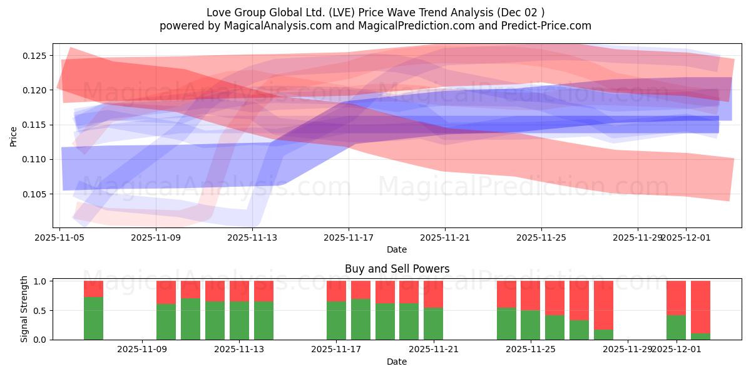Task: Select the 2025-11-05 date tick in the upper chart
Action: [x=59, y=238]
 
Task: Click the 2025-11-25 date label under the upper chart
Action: [x=541, y=238]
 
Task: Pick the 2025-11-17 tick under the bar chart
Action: [x=337, y=350]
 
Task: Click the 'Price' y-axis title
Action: [x=13, y=136]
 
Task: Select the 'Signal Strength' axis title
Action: [x=24, y=309]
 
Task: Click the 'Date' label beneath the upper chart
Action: [x=396, y=249]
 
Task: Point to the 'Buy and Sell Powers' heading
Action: [x=397, y=269]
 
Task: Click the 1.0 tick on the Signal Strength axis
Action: [x=40, y=281]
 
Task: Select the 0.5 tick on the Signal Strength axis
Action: [x=40, y=310]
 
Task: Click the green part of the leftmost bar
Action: [x=93, y=318]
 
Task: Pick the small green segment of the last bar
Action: [x=700, y=337]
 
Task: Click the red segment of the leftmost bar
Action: [x=93, y=289]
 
